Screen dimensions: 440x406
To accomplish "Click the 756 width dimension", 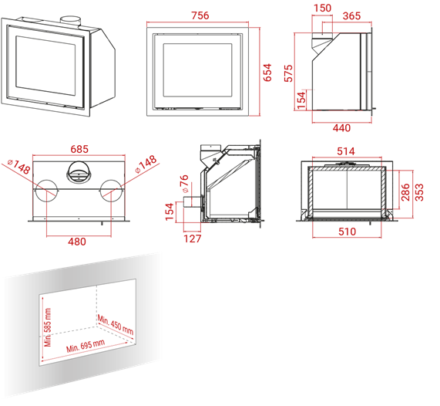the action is (x=200, y=15).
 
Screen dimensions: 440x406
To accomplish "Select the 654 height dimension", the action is (x=267, y=73).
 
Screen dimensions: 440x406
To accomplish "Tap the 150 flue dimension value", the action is (x=322, y=8).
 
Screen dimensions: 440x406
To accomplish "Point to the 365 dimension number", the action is (x=351, y=15).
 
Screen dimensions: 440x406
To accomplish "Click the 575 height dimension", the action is (x=288, y=73).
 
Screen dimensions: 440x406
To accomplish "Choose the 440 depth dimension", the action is (x=341, y=128).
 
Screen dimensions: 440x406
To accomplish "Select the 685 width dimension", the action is (x=79, y=149).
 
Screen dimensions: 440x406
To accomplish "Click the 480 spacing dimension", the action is (x=77, y=242).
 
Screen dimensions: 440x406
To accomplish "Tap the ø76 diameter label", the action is (x=184, y=184).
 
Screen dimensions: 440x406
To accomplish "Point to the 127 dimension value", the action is (x=193, y=239).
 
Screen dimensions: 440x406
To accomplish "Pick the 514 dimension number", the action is (x=346, y=151).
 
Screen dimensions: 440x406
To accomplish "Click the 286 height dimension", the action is (x=405, y=192).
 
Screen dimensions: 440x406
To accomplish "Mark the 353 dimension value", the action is (x=419, y=192).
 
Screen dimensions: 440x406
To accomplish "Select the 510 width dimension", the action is (x=347, y=232).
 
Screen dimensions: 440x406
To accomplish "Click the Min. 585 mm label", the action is (x=48, y=327).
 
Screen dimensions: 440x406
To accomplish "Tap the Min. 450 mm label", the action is (x=116, y=325).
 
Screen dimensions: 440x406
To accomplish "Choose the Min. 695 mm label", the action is (x=86, y=346).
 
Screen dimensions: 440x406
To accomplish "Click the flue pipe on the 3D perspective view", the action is (x=70, y=22).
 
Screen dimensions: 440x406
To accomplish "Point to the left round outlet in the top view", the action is (x=46, y=191).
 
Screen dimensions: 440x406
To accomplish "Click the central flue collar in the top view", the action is (x=79, y=172).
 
